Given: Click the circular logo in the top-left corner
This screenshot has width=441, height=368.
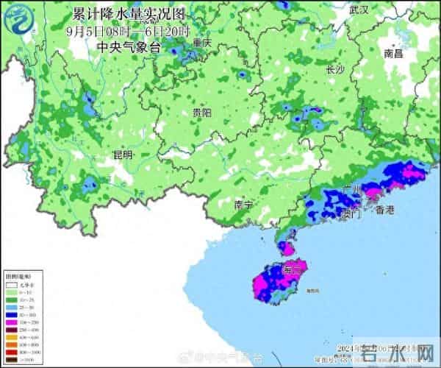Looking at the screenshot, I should [x=21, y=21].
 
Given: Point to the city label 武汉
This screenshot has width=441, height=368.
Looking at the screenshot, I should [x=359, y=10].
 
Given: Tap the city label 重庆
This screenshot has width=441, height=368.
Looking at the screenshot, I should [x=202, y=43].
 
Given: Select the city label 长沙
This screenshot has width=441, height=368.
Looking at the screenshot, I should [x=335, y=70].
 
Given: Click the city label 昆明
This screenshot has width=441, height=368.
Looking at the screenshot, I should [x=123, y=155].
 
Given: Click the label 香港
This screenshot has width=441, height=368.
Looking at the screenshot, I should [x=384, y=210].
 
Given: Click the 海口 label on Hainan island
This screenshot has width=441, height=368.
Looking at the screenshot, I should [x=292, y=270].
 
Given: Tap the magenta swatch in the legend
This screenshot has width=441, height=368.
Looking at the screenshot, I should [x=12, y=322].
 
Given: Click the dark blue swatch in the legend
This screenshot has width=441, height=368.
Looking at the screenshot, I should [x=12, y=314].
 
